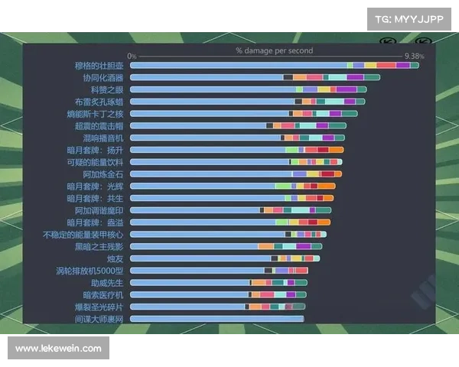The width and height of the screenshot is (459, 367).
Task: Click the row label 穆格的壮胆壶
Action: (x=99, y=66)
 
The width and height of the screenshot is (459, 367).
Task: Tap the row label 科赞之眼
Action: (x=106, y=89)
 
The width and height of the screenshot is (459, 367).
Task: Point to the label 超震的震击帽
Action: (x=99, y=125)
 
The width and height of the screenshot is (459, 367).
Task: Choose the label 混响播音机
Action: (x=103, y=138)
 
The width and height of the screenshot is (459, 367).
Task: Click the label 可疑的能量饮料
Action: (x=95, y=162)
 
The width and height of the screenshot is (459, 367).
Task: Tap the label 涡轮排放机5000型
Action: (x=90, y=271)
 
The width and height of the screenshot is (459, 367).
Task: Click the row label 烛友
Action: (x=115, y=258)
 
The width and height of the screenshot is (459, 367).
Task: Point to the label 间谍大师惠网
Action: (x=99, y=319)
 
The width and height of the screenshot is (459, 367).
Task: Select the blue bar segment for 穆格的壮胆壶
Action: (x=238, y=66)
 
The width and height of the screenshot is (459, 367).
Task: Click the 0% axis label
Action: (x=132, y=56)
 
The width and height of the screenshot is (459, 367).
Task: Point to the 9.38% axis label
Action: (x=414, y=56)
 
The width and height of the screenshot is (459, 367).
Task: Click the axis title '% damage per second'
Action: (x=274, y=50)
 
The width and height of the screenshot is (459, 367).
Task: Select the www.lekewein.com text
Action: (x=58, y=349)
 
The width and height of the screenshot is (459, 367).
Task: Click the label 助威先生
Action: (x=106, y=283)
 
